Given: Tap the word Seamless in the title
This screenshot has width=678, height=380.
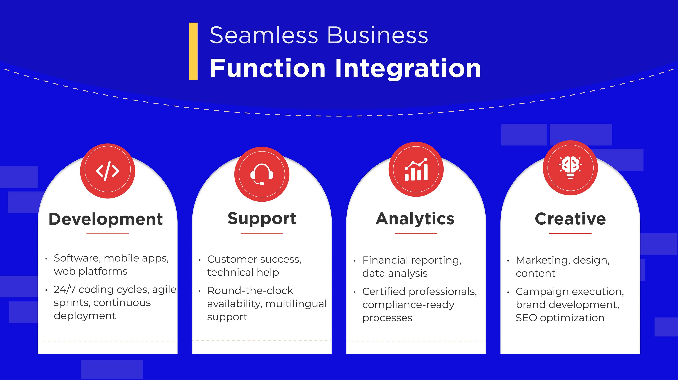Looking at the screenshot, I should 264,35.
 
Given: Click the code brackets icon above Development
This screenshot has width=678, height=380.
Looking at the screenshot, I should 107,171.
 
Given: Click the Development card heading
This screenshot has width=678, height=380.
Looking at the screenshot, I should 106,219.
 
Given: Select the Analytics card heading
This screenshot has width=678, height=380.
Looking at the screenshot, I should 415,219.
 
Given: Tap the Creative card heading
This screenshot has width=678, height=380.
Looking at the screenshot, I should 570,219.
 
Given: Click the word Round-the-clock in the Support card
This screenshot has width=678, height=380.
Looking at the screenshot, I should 250,290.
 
